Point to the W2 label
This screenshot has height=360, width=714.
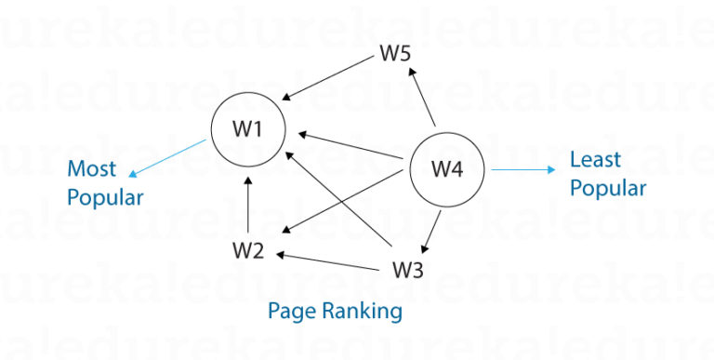(248, 250)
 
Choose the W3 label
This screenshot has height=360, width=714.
(407, 271)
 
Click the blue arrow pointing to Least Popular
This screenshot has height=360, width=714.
(522, 170)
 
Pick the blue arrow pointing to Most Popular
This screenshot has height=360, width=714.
(167, 158)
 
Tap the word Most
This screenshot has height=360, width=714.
(91, 169)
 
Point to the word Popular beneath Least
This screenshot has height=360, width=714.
(607, 188)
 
